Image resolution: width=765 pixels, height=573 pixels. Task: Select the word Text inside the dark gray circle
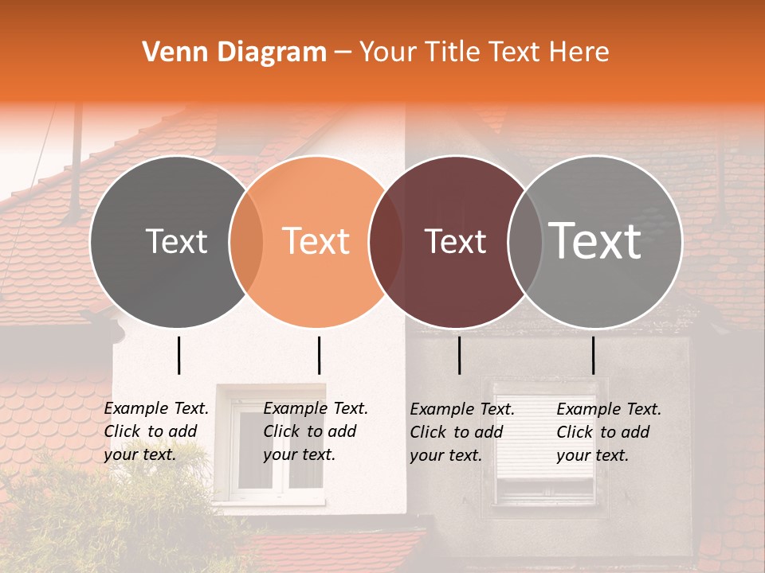[x=176, y=241]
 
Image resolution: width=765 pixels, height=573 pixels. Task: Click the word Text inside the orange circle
[x=316, y=241]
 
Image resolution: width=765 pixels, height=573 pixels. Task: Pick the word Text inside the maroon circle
[x=456, y=241]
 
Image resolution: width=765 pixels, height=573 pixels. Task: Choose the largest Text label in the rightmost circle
[x=595, y=241]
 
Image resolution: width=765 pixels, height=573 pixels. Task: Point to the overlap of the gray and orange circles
[x=246, y=241]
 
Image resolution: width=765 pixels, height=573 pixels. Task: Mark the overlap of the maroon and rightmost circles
[x=525, y=241]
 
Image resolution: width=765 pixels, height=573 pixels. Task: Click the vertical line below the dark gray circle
[x=178, y=355]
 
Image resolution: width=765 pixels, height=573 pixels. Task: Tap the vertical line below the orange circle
[x=319, y=355]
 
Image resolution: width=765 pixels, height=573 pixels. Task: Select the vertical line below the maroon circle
[x=459, y=355]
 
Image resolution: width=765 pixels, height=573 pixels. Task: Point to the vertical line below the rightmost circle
[x=593, y=355]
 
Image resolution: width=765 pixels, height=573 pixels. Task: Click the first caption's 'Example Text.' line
[x=156, y=408]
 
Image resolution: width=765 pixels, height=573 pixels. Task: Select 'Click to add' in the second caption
[x=309, y=431]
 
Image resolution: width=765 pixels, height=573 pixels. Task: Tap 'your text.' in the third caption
[x=445, y=455]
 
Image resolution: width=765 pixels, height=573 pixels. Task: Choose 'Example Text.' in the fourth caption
[x=609, y=409]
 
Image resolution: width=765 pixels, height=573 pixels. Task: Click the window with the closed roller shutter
[x=545, y=442]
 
